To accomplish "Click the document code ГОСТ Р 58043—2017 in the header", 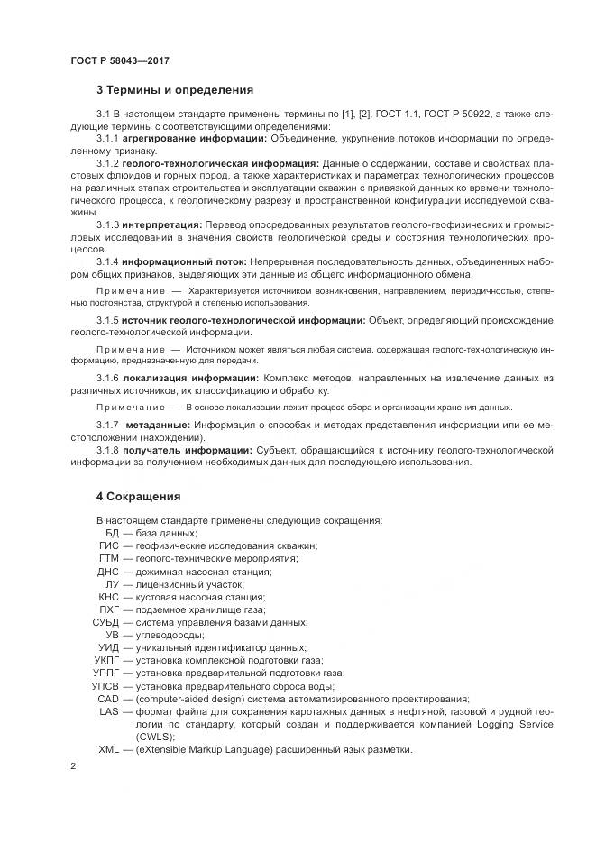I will click(119, 60).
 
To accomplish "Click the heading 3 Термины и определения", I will click(174, 90).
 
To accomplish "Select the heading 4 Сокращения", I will click(138, 496).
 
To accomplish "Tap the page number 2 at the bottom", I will click(73, 765).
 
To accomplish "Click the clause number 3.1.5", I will click(107, 320).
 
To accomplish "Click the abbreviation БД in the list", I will click(112, 534).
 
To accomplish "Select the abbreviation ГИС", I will click(109, 546).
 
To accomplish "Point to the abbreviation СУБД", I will click(105, 623).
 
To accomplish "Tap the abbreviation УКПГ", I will click(105, 661).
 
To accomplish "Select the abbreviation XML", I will click(108, 750).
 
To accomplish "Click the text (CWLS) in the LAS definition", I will click(142, 737).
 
